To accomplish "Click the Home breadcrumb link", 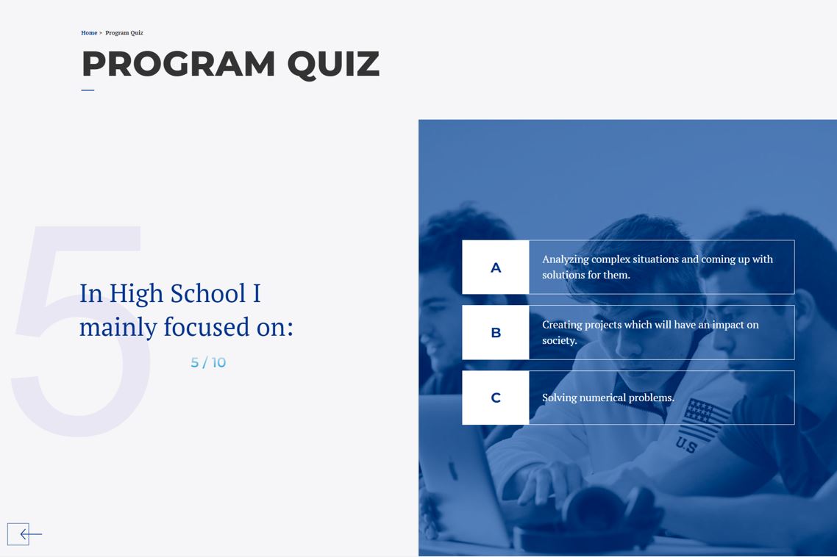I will point(88,33).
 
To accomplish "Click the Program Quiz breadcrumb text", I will point(124,33).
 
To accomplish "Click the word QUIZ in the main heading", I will point(333,64).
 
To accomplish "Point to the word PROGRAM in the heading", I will point(178,64).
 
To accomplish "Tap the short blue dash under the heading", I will point(88,90).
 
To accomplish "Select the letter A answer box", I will point(495,267).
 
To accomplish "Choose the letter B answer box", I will point(495,333).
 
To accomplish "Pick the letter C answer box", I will point(495,398).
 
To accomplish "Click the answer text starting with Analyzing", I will point(657,267).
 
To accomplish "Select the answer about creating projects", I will point(650,332).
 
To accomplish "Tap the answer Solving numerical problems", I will point(608,398).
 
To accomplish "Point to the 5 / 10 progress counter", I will point(208,362).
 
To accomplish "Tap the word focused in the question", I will point(206,327).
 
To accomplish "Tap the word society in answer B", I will point(558,340).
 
